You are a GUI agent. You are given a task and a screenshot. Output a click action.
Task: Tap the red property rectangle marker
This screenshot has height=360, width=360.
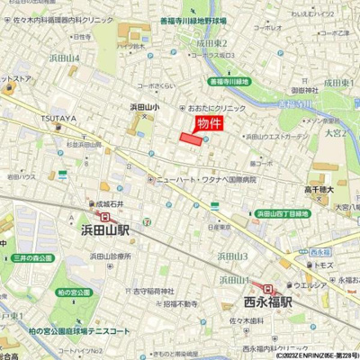coord(190,139)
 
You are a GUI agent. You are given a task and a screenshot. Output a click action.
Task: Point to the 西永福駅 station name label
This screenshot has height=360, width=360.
coord(268,302)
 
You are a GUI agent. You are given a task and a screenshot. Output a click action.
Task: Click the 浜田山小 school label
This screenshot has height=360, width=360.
coord(144,107)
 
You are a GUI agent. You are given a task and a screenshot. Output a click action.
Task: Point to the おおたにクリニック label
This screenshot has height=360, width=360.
coord(216,107)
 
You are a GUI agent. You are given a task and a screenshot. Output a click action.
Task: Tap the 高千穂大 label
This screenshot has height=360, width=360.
coord(319,189)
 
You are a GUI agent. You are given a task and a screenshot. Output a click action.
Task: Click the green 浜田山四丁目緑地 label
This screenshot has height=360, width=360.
coord(283,213)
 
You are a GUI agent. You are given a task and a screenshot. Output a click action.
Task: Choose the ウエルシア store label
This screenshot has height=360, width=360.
coord(330,286)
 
